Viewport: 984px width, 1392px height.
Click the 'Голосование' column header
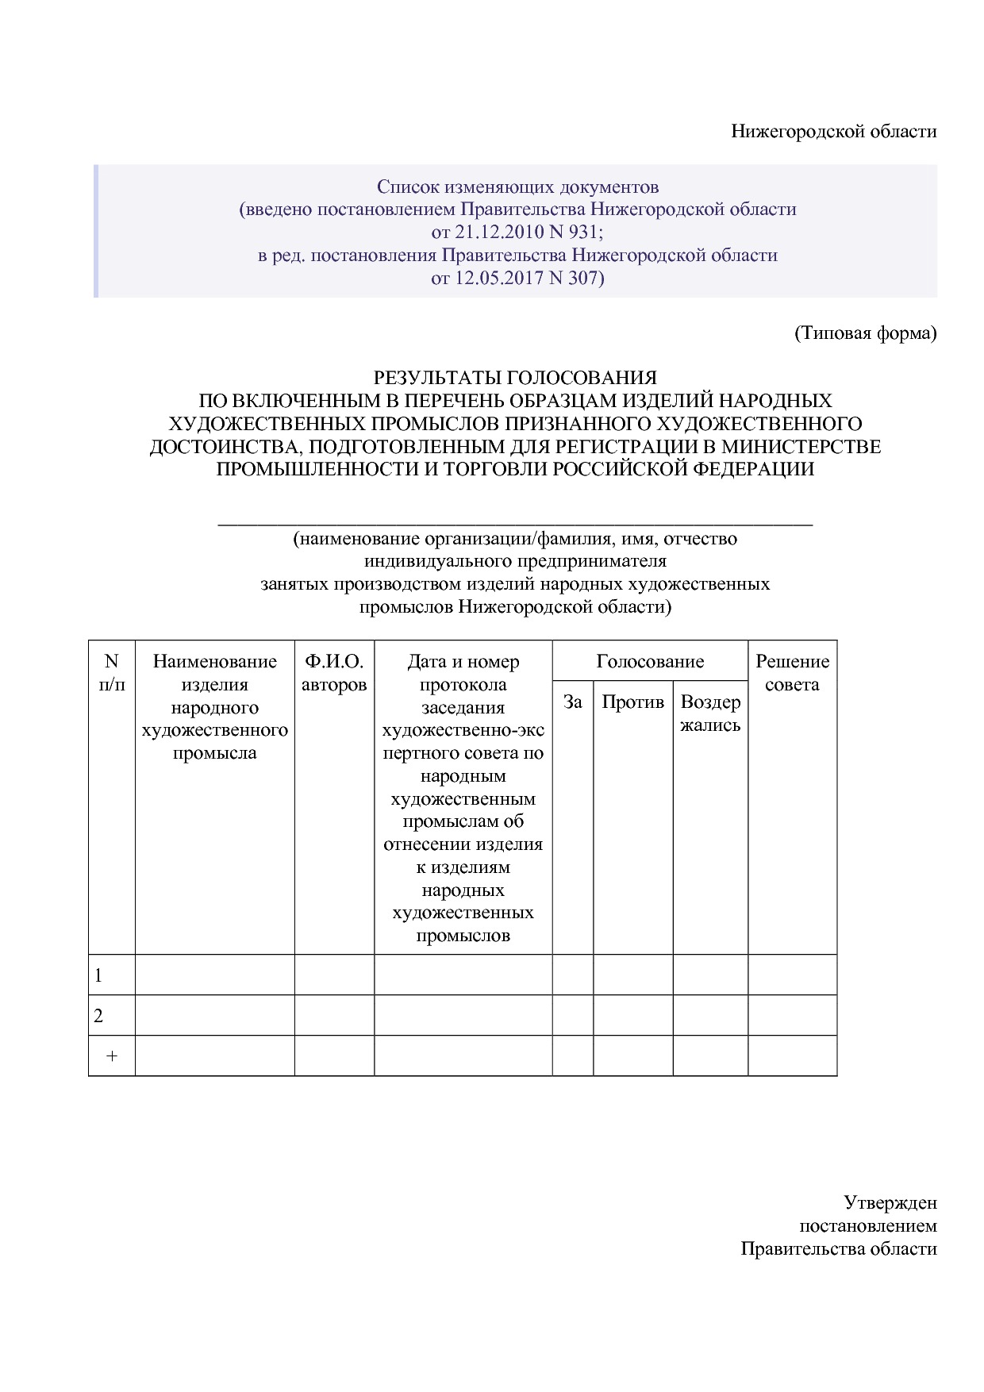pos(650,661)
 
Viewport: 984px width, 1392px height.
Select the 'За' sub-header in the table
pos(572,702)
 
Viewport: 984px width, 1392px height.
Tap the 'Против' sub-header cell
pos(632,702)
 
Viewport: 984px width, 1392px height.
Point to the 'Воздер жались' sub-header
pos(710,713)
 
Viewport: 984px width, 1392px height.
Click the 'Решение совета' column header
pos(792,673)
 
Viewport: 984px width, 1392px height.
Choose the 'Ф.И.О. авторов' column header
pos(334,673)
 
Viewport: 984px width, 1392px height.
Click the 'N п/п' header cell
pos(111,673)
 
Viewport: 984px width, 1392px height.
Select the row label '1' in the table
pos(98,975)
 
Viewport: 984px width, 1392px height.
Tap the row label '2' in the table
pos(98,1016)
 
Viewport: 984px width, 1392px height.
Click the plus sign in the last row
pos(112,1056)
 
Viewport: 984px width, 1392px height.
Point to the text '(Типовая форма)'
pos(866,333)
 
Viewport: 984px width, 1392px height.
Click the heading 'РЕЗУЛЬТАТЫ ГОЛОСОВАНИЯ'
pos(515,378)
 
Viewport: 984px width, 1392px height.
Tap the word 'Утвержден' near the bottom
pos(890,1202)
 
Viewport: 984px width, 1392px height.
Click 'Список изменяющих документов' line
pos(517,187)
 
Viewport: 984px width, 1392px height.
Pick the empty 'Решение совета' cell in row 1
pos(792,975)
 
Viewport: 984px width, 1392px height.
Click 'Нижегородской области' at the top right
pos(833,132)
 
